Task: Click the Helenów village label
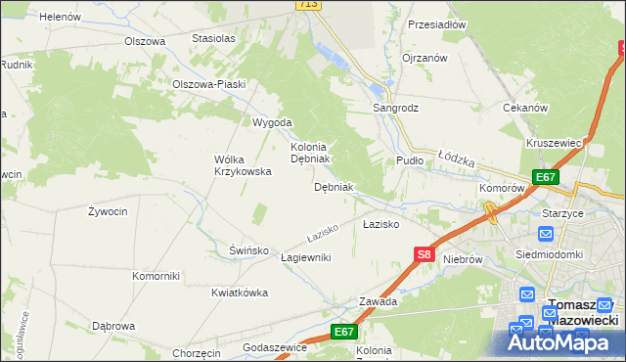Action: click(62, 17)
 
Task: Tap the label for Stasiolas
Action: click(213, 38)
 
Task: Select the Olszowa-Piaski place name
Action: click(208, 83)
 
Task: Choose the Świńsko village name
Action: click(248, 249)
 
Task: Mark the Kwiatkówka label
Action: click(240, 293)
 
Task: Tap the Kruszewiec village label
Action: click(555, 143)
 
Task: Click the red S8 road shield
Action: click(424, 254)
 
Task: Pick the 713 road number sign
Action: click(308, 5)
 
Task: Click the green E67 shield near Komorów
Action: click(545, 177)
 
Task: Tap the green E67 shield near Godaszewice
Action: click(341, 332)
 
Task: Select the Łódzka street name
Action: click(456, 157)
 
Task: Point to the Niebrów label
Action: click(464, 259)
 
